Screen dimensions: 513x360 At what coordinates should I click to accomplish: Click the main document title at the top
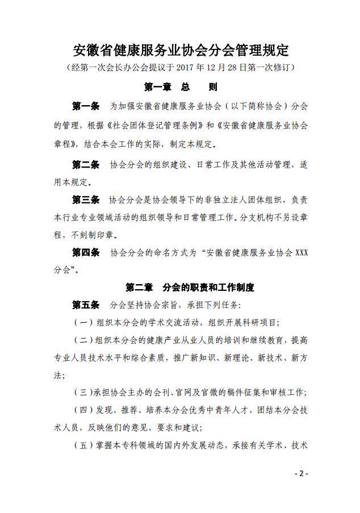click(181, 50)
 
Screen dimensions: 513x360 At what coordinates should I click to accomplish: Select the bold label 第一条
click(86, 106)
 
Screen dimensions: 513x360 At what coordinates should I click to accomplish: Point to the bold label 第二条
click(86, 165)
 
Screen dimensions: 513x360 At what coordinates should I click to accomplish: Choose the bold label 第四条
click(86, 252)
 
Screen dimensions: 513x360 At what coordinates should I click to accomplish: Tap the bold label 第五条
click(86, 305)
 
